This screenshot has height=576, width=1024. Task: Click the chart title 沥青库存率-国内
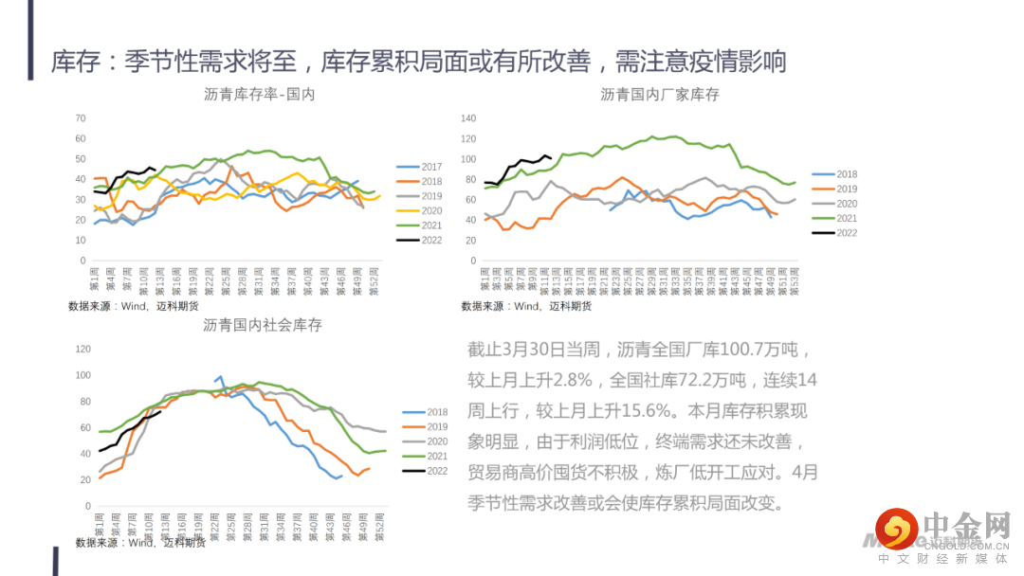point(259,95)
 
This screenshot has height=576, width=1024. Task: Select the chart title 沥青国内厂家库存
point(660,95)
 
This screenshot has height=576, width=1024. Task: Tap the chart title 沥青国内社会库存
point(263,325)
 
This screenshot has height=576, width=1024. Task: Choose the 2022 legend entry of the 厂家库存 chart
point(834,232)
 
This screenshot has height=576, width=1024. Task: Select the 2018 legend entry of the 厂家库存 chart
point(834,174)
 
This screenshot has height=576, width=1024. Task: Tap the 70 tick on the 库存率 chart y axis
point(81,118)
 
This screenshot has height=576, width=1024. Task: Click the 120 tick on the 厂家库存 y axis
point(467,118)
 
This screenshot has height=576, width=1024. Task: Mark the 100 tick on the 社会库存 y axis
point(81,376)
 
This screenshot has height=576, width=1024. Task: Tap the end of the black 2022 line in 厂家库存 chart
point(550,158)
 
